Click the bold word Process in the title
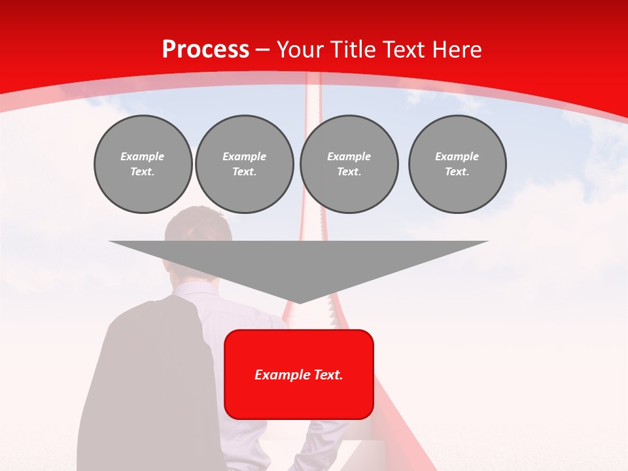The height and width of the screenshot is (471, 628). (x=205, y=50)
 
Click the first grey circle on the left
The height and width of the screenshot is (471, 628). (x=143, y=164)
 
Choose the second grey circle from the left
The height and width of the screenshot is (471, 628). (x=244, y=164)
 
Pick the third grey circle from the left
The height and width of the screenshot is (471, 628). (x=349, y=164)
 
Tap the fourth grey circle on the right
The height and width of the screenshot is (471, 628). (x=457, y=164)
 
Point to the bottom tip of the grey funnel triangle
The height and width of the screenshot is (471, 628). (x=299, y=302)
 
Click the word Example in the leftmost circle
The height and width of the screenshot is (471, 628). (x=143, y=156)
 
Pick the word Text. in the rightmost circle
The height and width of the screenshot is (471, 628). (x=457, y=171)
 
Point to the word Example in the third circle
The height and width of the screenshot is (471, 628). (x=349, y=156)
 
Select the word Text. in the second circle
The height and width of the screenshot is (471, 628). (x=244, y=171)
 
